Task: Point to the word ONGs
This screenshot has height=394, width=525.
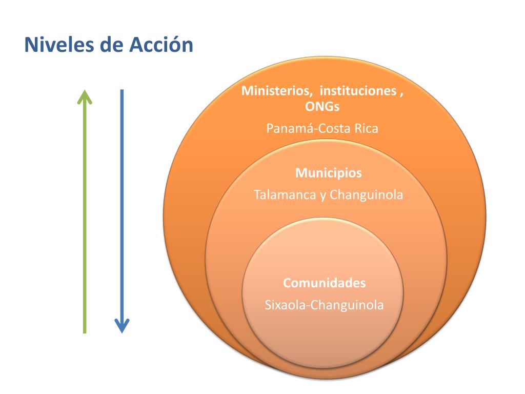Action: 322,106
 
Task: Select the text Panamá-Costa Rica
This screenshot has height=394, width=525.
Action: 322,128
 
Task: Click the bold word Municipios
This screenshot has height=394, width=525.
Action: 328,173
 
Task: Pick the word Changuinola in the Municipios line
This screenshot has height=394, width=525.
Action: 367,195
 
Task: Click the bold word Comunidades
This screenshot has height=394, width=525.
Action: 325,283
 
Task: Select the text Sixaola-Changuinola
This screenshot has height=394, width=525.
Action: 324,305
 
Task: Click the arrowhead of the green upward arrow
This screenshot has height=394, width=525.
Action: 85,96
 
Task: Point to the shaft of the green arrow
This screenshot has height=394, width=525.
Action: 85,215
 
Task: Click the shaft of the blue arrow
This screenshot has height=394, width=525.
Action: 122,205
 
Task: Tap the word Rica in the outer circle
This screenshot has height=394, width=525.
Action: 366,128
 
